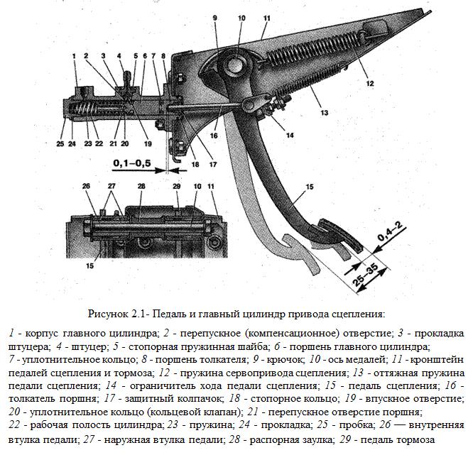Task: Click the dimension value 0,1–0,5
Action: pos(132,163)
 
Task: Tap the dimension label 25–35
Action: pos(365,275)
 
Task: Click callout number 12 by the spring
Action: pos(370,83)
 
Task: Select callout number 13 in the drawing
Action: pos(325,112)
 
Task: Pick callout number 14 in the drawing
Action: pos(290,136)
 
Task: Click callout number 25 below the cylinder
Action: pos(60,144)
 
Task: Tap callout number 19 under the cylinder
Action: pos(148,144)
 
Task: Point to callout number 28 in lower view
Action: pos(141,186)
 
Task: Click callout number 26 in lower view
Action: pos(86,186)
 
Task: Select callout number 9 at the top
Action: pos(214,18)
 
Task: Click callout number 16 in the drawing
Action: pos(214,136)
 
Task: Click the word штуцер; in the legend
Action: pos(89,347)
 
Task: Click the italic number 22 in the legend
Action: pos(14,425)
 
